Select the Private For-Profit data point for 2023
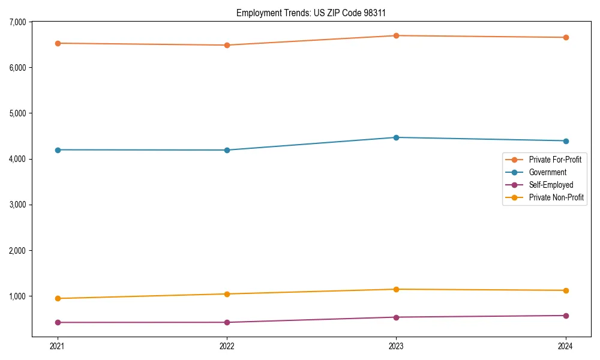(x=396, y=35)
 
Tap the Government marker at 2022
(x=227, y=150)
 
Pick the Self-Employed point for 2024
(x=566, y=316)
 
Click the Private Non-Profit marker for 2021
(x=58, y=298)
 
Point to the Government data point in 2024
(x=566, y=141)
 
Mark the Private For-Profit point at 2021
(x=58, y=43)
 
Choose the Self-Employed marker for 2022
(x=227, y=322)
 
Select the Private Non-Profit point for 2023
(x=396, y=289)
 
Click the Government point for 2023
(x=396, y=137)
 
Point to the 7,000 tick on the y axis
(x=17, y=22)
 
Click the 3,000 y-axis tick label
(x=17, y=205)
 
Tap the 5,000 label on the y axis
(x=17, y=113)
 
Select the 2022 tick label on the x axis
(x=227, y=346)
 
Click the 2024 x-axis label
(x=566, y=346)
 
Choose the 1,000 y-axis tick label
(x=17, y=296)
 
